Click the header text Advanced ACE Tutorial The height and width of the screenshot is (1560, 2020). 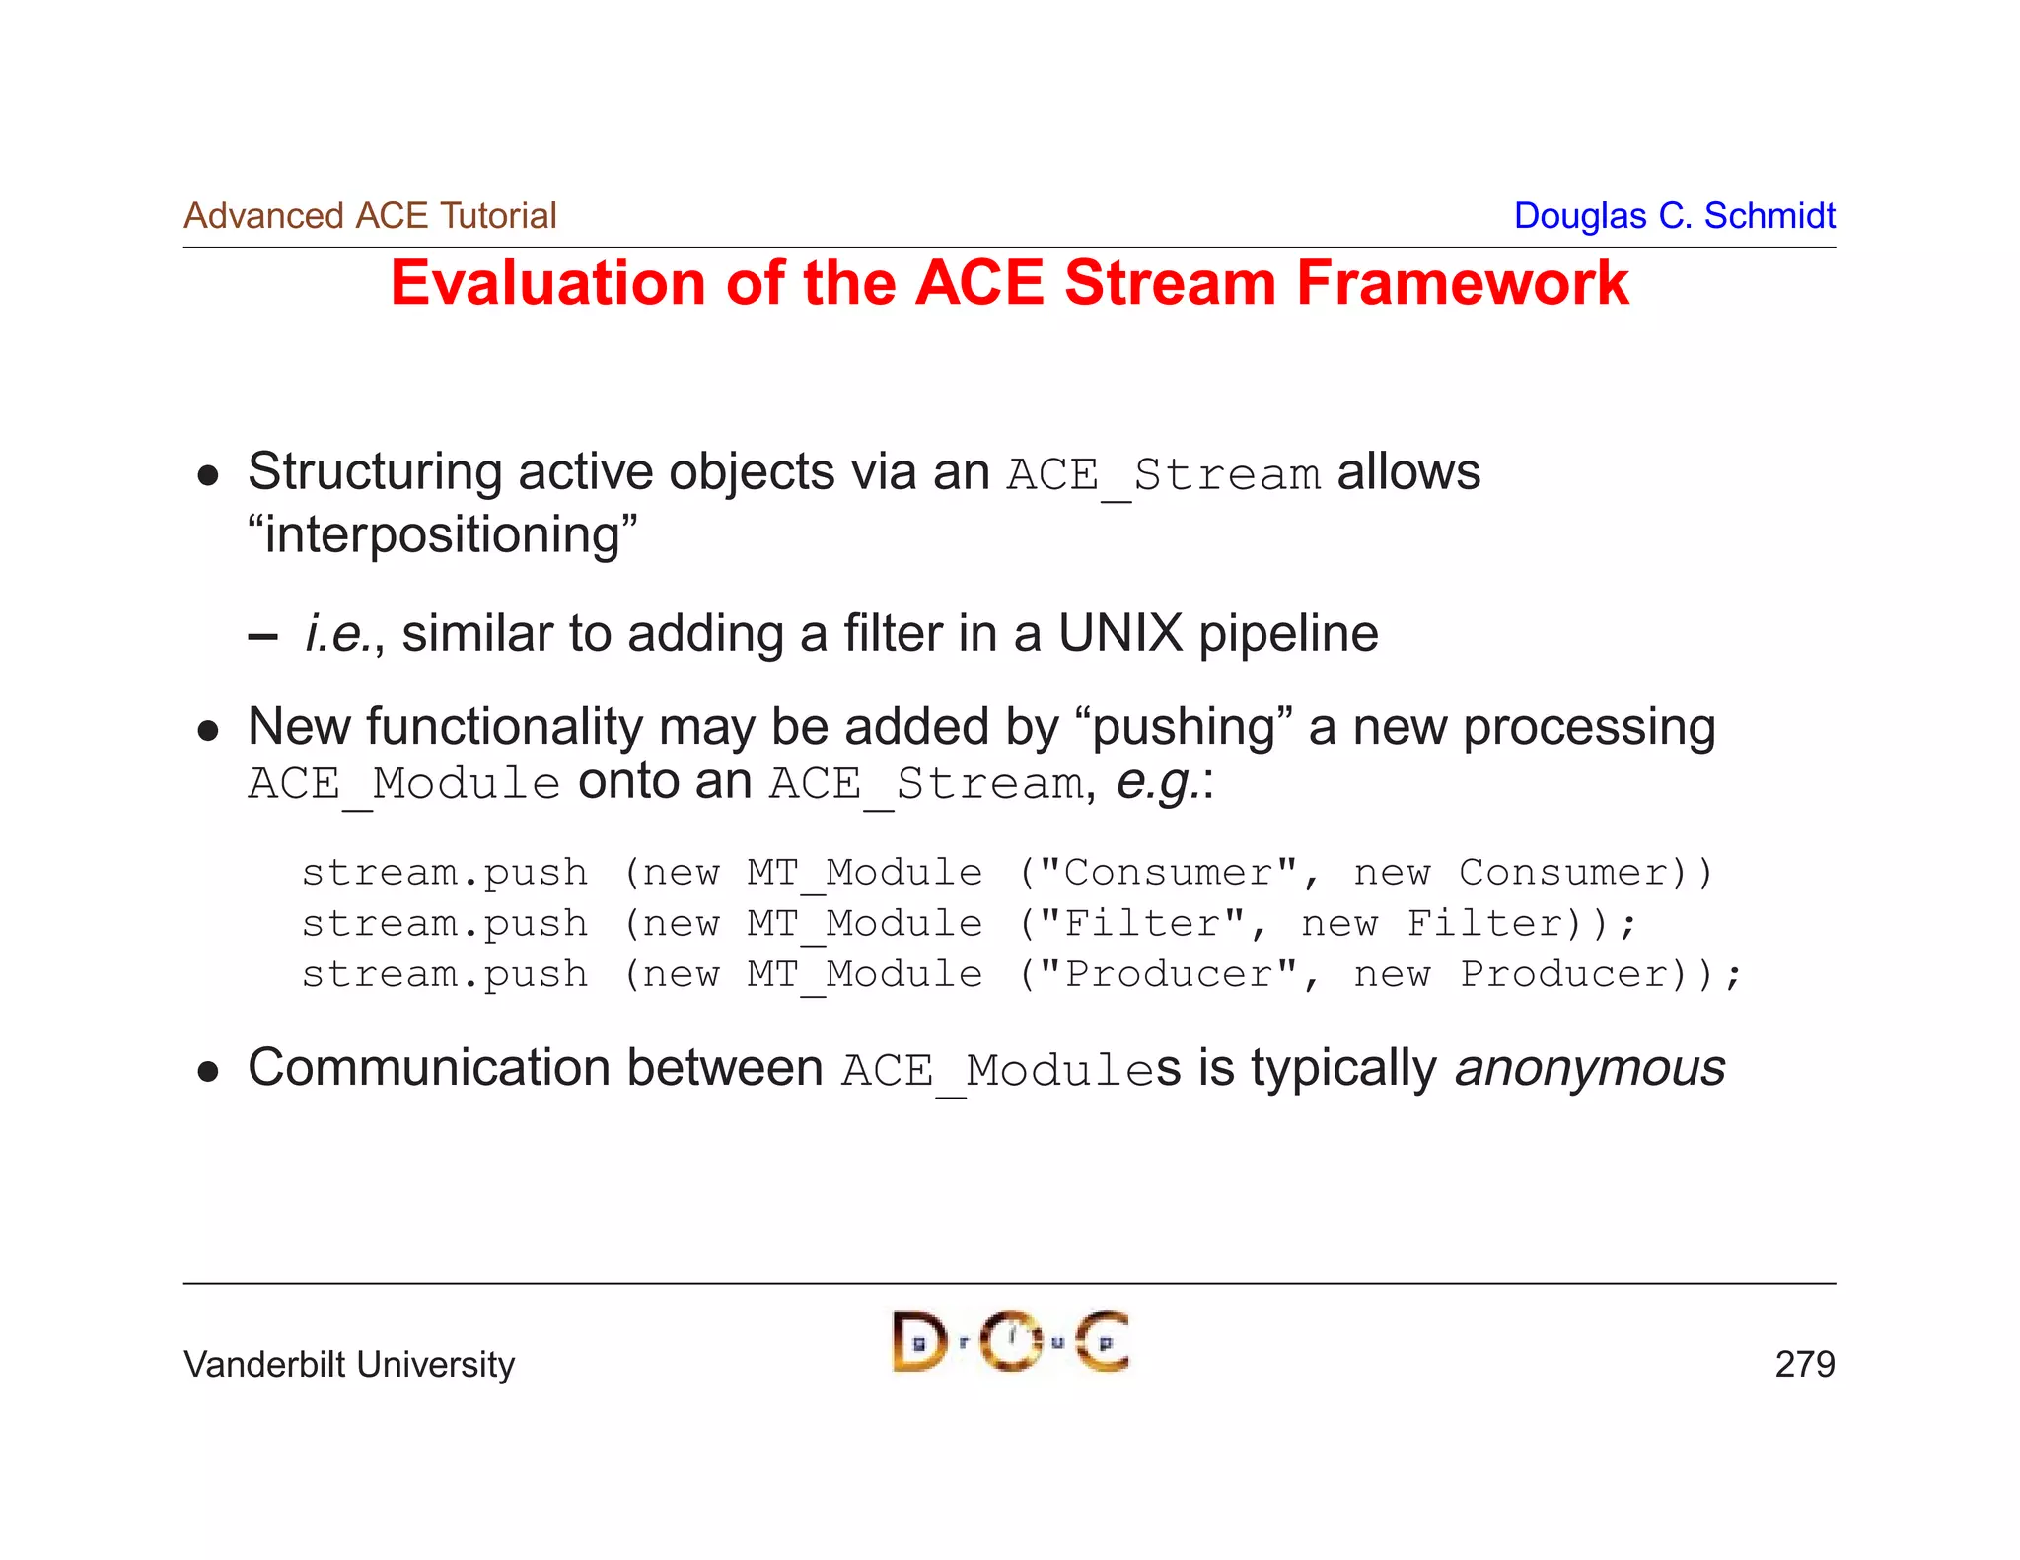coord(370,215)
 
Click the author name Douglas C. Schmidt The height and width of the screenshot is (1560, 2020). coord(1674,215)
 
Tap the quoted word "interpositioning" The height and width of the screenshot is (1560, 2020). coord(443,535)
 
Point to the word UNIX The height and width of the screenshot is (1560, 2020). coord(1119,633)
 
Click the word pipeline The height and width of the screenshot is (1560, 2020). coord(1288,633)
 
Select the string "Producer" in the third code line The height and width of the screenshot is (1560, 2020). coord(1168,975)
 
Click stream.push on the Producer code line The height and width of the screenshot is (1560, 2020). coord(445,975)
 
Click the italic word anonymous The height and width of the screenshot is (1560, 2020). coord(1589,1068)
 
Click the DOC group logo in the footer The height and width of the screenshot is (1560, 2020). coord(1010,1341)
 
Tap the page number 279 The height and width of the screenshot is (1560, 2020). coord(1804,1365)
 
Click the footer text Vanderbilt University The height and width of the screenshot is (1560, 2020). coord(349,1365)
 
